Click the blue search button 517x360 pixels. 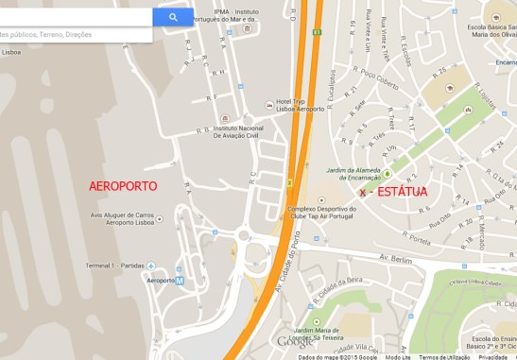pyautogui.click(x=173, y=17)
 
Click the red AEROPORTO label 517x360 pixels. pyautogui.click(x=122, y=186)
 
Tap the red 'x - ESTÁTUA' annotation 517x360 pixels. pyautogui.click(x=392, y=192)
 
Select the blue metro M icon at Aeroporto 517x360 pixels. pyautogui.click(x=181, y=281)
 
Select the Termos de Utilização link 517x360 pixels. pyautogui.click(x=444, y=356)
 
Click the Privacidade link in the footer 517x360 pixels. pyautogui.click(x=493, y=356)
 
